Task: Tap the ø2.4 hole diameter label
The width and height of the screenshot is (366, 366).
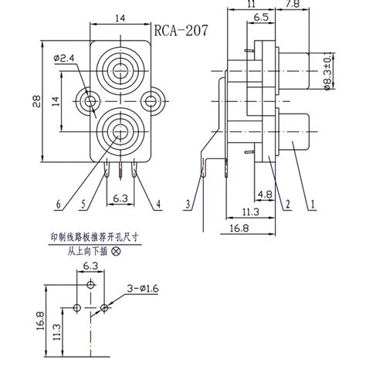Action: pyautogui.click(x=63, y=57)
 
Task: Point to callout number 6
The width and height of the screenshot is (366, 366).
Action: pyautogui.click(x=57, y=205)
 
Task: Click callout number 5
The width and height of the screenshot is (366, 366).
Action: pyautogui.click(x=83, y=205)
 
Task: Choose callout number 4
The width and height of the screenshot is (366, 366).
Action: pyautogui.click(x=158, y=205)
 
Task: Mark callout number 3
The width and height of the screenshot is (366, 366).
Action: pyautogui.click(x=188, y=205)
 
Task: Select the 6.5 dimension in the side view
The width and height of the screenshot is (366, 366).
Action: pyautogui.click(x=260, y=15)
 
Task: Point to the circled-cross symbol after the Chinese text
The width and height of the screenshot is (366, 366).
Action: pyautogui.click(x=117, y=252)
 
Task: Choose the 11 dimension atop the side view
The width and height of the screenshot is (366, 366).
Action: pyautogui.click(x=251, y=5)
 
